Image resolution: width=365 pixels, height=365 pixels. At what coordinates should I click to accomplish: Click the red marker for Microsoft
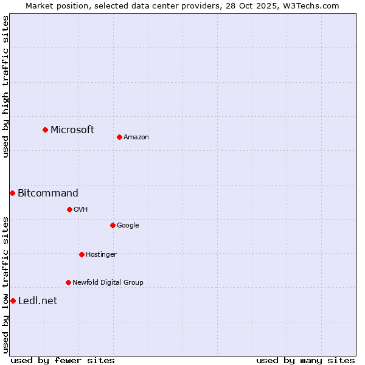click(x=45, y=130)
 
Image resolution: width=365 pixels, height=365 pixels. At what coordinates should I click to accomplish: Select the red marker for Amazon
click(x=119, y=137)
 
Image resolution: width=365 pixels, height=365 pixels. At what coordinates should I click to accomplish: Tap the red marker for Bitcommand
click(x=12, y=193)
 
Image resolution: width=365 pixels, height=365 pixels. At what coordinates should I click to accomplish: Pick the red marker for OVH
click(x=69, y=209)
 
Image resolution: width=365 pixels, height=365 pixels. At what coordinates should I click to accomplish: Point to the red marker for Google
click(x=113, y=225)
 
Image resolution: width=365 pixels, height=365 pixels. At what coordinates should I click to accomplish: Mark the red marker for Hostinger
click(x=82, y=254)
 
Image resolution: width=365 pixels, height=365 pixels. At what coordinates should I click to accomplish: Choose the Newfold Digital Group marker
click(x=68, y=282)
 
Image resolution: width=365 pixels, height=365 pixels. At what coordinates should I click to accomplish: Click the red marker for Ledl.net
click(x=13, y=301)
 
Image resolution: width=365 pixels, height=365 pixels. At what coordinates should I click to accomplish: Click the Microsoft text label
click(x=72, y=130)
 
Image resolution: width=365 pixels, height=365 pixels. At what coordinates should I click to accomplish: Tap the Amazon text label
click(x=136, y=137)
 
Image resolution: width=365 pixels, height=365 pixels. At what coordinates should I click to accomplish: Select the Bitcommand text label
click(x=48, y=193)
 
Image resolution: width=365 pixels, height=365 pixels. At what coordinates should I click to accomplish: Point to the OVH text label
click(x=81, y=209)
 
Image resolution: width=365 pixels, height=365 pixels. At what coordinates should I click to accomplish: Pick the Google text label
click(x=128, y=225)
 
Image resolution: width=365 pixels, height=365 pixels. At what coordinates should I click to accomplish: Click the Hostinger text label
click(x=101, y=254)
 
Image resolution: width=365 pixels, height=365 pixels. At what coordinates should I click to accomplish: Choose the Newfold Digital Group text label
click(x=108, y=282)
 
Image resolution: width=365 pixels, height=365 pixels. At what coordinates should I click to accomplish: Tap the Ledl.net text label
click(x=38, y=301)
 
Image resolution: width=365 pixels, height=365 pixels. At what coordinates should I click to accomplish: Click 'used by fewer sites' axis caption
click(x=63, y=360)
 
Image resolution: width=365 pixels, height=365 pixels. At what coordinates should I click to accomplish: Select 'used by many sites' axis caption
click(x=305, y=360)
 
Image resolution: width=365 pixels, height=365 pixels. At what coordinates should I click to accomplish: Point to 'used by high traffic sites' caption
click(x=5, y=86)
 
